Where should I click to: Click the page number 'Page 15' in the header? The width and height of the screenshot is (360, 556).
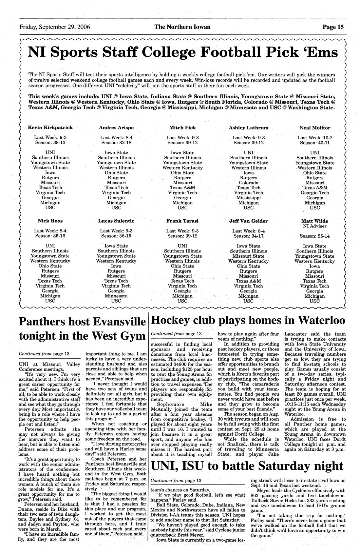pos(333,27)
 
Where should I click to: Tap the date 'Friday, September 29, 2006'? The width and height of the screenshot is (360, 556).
pos(55,27)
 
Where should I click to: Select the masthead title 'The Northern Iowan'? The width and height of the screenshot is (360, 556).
pos(182,27)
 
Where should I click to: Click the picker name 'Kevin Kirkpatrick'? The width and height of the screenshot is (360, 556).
pos(50,128)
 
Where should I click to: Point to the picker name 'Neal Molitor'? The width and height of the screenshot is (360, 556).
pos(315,128)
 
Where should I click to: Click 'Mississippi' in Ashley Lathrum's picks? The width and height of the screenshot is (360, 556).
pos(248,198)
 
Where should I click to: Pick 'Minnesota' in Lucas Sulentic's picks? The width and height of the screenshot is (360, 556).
pos(116,296)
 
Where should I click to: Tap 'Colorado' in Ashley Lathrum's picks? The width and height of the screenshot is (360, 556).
pos(248,183)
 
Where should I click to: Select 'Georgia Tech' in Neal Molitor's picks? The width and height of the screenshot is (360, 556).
pos(315,193)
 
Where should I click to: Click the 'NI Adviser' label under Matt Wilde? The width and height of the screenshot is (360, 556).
pos(315,226)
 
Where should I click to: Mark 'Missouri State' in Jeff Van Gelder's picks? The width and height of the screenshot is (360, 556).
pos(248,256)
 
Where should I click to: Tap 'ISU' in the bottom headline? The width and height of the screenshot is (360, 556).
pos(193,466)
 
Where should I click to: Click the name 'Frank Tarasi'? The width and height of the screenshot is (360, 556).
pos(182,221)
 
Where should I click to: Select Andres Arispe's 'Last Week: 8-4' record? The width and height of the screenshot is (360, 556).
pos(116,138)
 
